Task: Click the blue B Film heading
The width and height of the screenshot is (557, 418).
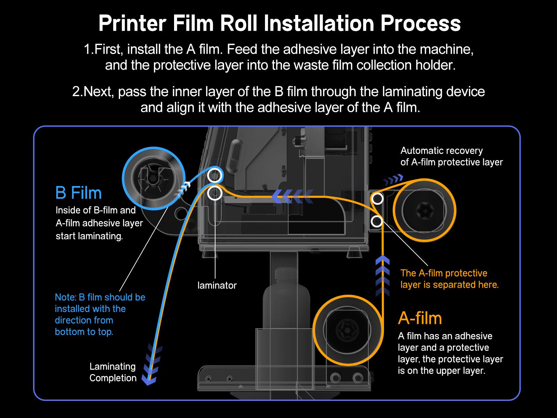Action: click(78, 193)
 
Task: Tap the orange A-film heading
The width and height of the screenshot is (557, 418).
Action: click(420, 318)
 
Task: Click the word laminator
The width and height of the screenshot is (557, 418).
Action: click(217, 285)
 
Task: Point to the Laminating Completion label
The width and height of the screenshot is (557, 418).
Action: click(113, 372)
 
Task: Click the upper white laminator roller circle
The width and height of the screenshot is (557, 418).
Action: click(215, 176)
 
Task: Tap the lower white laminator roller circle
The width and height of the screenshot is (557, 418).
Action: click(215, 193)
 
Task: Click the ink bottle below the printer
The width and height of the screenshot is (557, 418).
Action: click(285, 300)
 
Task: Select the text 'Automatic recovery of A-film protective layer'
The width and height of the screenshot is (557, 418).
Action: click(452, 156)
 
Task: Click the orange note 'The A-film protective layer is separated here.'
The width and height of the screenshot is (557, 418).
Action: click(449, 279)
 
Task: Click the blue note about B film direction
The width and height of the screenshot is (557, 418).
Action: click(100, 315)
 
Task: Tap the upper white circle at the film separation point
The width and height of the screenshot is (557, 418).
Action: click(377, 199)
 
